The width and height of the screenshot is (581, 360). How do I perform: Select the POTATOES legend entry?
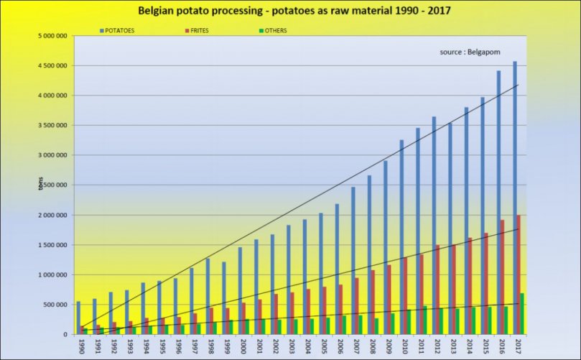120,31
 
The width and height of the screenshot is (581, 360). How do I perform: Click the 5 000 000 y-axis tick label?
53,35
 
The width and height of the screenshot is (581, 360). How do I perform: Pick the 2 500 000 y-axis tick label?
53,185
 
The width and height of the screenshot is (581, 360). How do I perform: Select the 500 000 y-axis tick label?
55,305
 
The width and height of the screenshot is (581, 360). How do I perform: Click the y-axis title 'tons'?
40,185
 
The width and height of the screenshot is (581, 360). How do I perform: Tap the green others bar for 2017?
522,313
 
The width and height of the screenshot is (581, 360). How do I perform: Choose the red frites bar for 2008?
373,302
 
